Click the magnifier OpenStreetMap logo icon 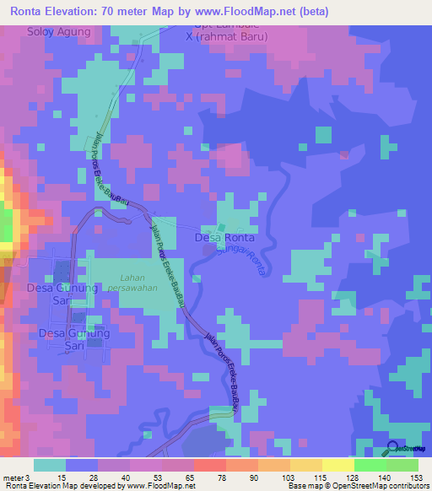coord(393,447)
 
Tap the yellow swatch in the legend coord(337,465)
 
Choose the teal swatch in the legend coord(49,465)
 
